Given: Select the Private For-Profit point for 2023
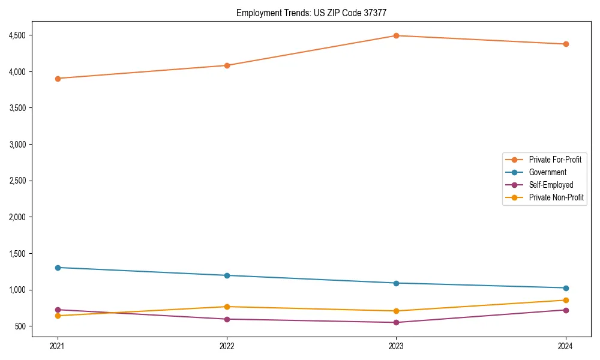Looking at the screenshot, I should click(x=396, y=35).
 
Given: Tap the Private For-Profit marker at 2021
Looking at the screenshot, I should click(x=58, y=79).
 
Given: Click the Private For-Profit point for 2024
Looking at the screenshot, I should click(x=566, y=44).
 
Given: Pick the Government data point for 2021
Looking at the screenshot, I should click(x=58, y=268).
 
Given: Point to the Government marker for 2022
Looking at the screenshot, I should click(x=227, y=275).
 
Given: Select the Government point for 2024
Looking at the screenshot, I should click(x=566, y=288).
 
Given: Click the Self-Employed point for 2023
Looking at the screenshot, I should click(x=396, y=323).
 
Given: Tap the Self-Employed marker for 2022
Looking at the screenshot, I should click(x=227, y=319).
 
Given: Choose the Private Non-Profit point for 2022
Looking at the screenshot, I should click(x=227, y=307).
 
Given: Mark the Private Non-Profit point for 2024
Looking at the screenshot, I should click(x=566, y=300).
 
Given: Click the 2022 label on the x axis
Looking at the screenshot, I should click(x=227, y=346).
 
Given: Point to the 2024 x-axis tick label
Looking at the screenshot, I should click(x=566, y=346).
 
